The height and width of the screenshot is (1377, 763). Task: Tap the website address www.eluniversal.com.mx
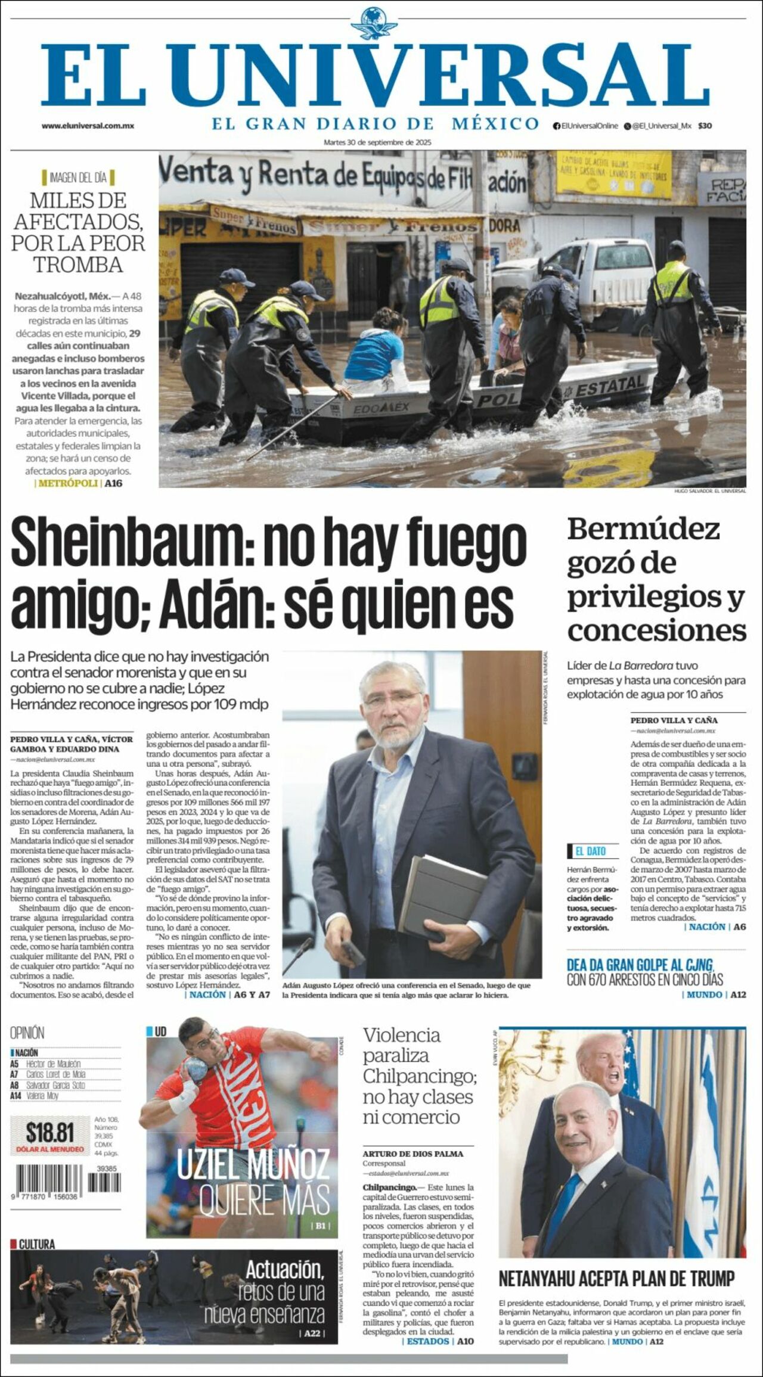[88, 126]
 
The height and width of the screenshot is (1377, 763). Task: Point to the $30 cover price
[705, 126]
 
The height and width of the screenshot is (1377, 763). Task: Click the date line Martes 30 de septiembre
[377, 142]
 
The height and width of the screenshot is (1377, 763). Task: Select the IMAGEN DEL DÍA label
[77, 177]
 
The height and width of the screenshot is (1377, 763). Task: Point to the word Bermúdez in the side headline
[643, 529]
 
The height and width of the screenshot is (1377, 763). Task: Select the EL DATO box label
[590, 851]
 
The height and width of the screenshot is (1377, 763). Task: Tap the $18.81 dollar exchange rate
[50, 1132]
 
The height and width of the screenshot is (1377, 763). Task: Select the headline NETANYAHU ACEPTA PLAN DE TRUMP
[616, 1279]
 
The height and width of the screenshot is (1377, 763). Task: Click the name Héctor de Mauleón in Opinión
[53, 1064]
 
